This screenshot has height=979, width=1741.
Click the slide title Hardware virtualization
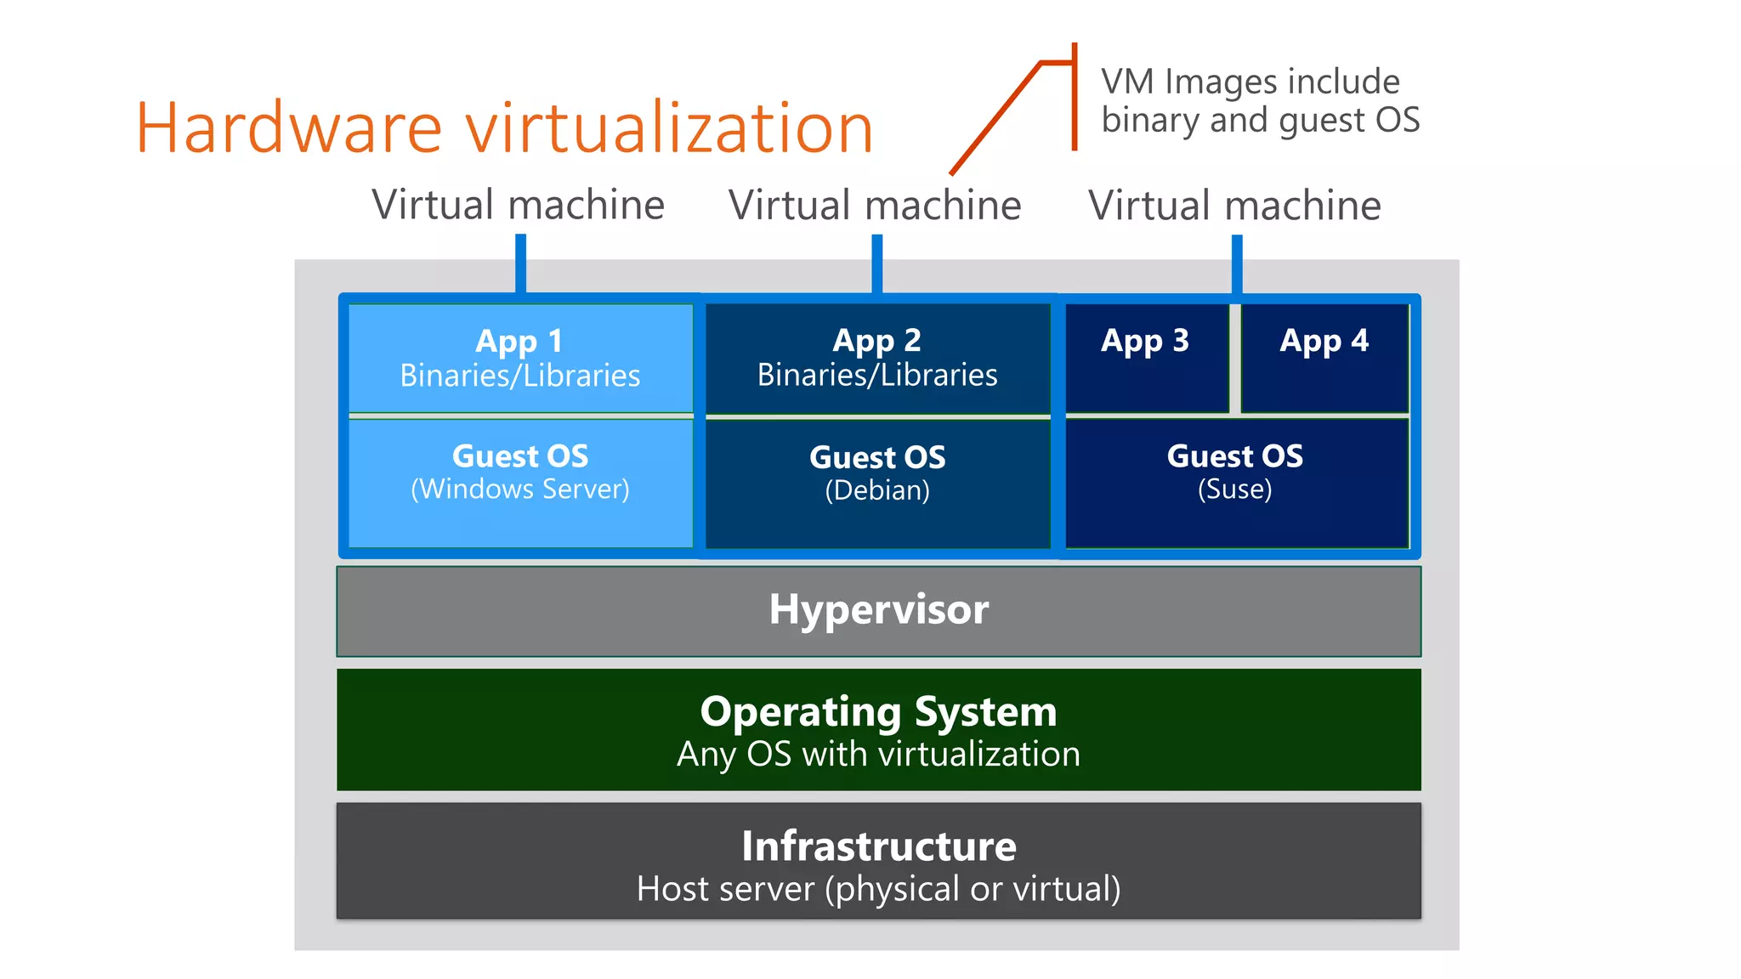point(504,128)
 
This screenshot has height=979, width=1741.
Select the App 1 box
point(520,358)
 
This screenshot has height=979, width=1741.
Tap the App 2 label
point(876,340)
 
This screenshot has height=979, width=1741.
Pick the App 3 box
point(1145,358)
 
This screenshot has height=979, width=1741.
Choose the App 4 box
point(1324,358)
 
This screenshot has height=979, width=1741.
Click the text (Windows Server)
point(520,489)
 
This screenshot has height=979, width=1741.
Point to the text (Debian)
point(877,490)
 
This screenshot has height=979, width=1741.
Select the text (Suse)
point(1234,489)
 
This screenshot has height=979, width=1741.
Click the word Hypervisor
point(878,609)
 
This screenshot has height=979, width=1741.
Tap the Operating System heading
point(878,711)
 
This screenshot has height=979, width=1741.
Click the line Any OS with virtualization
point(878,755)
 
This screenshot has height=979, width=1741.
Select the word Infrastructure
point(878,846)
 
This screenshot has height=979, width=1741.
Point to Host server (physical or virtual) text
point(878,889)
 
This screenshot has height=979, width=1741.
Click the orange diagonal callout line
point(995,119)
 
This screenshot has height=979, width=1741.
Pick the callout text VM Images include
point(1250,82)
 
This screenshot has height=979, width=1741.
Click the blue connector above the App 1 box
point(520,263)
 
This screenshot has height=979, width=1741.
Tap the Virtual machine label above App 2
point(875,206)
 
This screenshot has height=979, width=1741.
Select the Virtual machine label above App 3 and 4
point(1234,206)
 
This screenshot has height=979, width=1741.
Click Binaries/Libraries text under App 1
point(520,376)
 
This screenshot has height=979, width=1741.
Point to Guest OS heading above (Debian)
point(877,457)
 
